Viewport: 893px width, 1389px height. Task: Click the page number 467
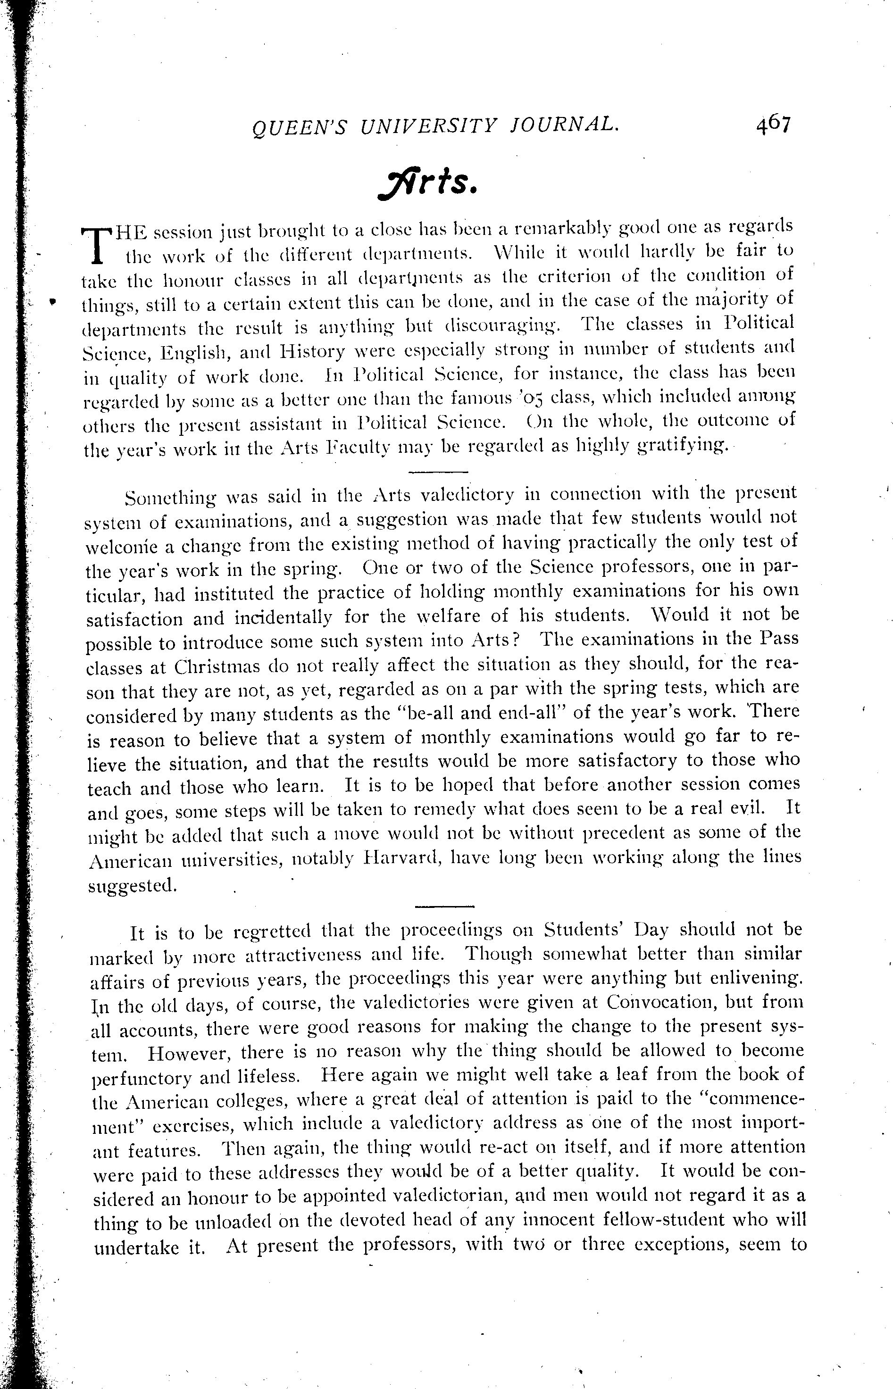tap(773, 125)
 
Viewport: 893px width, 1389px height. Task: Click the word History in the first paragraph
tap(313, 351)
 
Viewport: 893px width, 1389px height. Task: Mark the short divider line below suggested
tap(445, 907)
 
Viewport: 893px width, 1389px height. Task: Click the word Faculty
tap(362, 447)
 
